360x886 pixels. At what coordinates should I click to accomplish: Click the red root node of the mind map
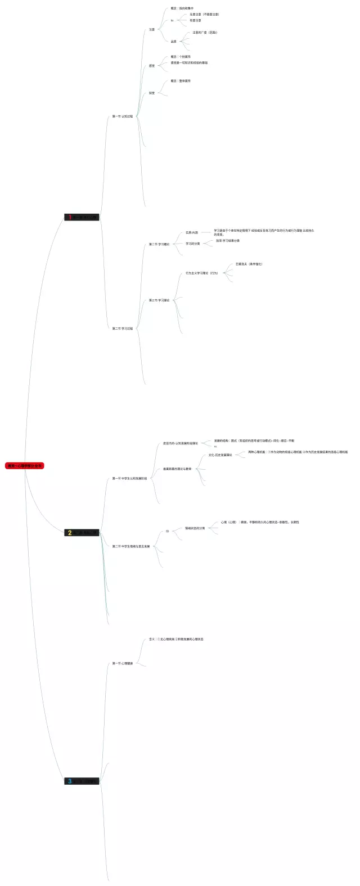[24, 466]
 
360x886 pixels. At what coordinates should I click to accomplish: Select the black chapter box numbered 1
[82, 217]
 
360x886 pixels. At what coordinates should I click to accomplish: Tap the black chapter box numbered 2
[82, 533]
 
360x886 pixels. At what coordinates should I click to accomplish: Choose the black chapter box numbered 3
[82, 781]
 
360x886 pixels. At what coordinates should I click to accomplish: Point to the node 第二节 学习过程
[123, 329]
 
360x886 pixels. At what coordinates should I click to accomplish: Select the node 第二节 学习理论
[159, 244]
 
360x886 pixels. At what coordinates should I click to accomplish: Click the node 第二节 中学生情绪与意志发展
[131, 546]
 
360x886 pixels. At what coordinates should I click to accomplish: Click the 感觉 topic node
[152, 66]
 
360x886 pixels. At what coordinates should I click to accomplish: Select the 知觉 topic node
[152, 93]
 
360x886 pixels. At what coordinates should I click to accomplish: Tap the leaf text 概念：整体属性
[181, 81]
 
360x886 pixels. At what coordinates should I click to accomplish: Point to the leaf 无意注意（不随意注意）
[204, 14]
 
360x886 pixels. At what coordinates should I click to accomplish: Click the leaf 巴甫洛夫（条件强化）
[249, 264]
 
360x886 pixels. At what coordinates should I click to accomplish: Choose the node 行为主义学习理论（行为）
[201, 273]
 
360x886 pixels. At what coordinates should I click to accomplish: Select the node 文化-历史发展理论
[220, 455]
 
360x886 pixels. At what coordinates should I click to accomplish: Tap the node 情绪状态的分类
[195, 528]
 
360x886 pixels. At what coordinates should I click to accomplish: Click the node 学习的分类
[193, 244]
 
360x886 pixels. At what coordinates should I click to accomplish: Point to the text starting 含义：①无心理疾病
[176, 639]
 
